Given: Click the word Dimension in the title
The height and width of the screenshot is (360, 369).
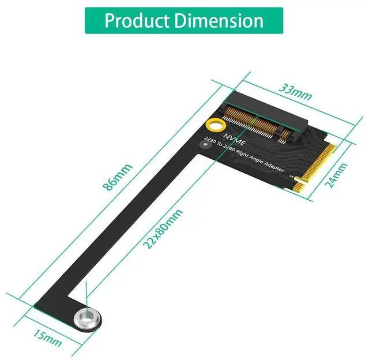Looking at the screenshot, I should pyautogui.click(x=221, y=21).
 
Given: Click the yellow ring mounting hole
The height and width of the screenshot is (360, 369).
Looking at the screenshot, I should pyautogui.click(x=214, y=125).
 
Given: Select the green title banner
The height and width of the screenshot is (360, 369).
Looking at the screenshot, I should pyautogui.click(x=184, y=21).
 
